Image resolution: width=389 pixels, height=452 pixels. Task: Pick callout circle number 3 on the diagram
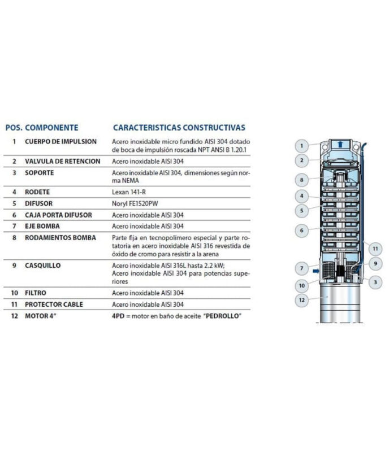[x=374, y=281]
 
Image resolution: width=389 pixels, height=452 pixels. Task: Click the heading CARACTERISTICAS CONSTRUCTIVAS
[x=179, y=128]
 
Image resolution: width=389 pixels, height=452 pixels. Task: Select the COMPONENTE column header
[x=52, y=128]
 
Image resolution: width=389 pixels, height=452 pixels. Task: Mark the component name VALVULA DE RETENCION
[x=63, y=161]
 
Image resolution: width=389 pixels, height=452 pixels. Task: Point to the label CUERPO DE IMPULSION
[x=61, y=141]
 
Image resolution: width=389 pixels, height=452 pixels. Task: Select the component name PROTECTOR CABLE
[x=54, y=305]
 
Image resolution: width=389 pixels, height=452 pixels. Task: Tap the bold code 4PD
[x=119, y=315]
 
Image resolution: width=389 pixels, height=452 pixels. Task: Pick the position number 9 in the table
[x=14, y=265]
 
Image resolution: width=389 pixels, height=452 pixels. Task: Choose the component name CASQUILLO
[x=43, y=265]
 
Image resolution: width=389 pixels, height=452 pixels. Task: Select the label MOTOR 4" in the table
[x=42, y=315]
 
